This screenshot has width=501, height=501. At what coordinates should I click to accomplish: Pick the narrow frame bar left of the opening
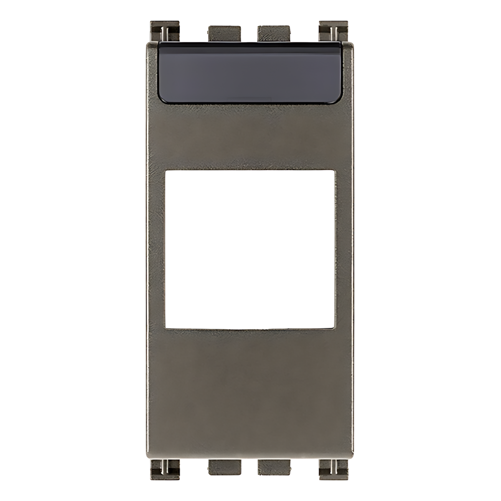tap(156, 248)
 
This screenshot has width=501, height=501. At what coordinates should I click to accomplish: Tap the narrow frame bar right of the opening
tap(344, 248)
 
